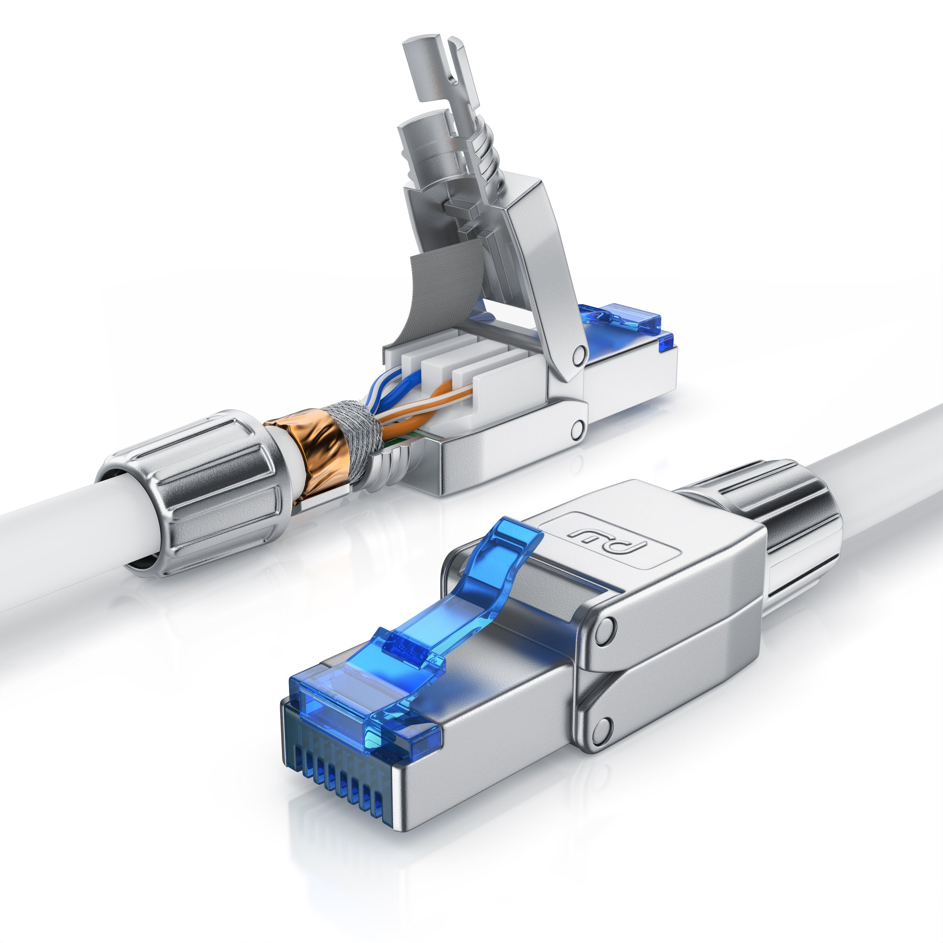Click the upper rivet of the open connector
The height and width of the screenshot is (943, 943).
click(579, 352)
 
